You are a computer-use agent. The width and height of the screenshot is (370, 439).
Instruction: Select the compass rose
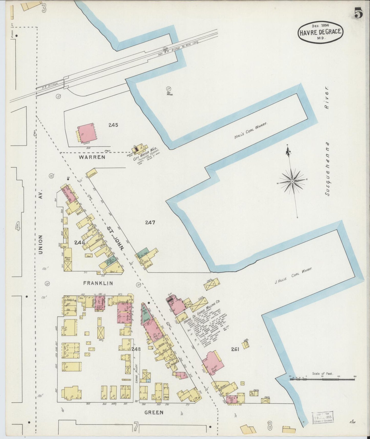(292, 181)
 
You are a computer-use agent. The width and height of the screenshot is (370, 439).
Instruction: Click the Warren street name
(92, 157)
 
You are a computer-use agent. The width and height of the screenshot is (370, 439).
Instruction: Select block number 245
(113, 125)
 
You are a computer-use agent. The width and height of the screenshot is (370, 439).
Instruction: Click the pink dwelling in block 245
(87, 133)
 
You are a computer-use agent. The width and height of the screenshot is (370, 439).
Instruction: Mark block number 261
(235, 349)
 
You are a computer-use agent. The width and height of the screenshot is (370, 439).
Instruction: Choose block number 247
(150, 223)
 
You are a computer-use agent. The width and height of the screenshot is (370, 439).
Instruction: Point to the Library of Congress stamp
(323, 419)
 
